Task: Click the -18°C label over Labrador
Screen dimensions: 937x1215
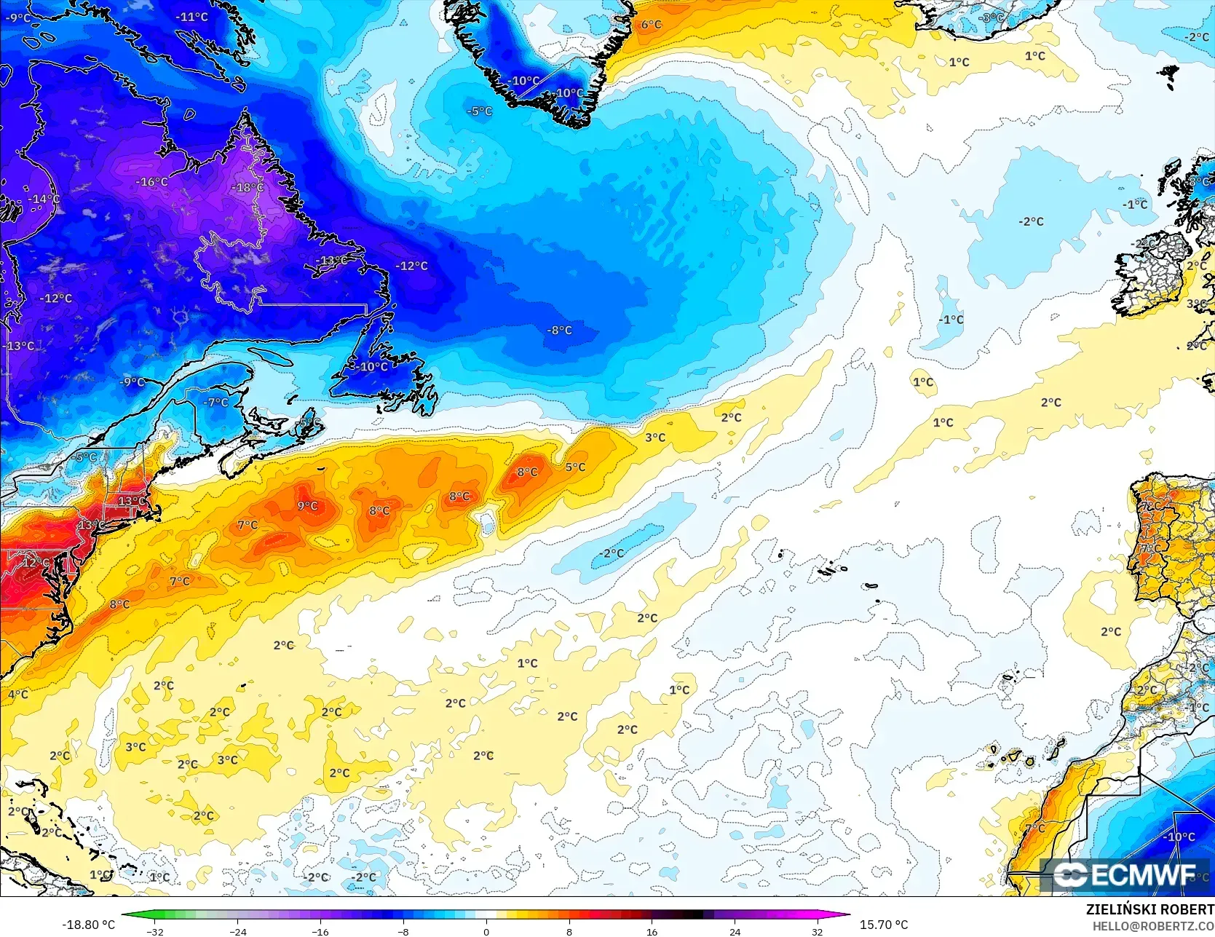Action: [x=248, y=188]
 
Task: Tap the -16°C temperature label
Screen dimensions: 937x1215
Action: [x=152, y=182]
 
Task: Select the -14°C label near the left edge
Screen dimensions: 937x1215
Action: [x=44, y=199]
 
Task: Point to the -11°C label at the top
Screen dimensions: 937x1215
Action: [x=191, y=17]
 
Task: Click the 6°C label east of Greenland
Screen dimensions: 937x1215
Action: [x=651, y=25]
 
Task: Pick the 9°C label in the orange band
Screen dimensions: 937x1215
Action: [x=307, y=506]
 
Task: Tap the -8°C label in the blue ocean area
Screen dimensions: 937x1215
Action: [x=559, y=331]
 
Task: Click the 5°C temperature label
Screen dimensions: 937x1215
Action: [x=575, y=467]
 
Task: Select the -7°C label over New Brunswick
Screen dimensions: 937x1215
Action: [x=215, y=402]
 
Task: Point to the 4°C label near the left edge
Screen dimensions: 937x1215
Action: [x=18, y=695]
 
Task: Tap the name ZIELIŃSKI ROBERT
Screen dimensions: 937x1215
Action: [x=1149, y=909]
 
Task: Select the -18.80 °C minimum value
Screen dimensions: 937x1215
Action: [x=89, y=925]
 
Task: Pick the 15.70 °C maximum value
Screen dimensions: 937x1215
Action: [x=884, y=925]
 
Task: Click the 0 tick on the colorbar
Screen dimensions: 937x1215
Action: [x=486, y=931]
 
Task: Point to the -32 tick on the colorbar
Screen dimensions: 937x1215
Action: [x=155, y=931]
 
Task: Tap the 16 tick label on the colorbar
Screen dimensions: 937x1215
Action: [x=652, y=931]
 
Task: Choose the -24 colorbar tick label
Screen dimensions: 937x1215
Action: [x=238, y=931]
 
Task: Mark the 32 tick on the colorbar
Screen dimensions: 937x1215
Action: [x=817, y=931]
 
